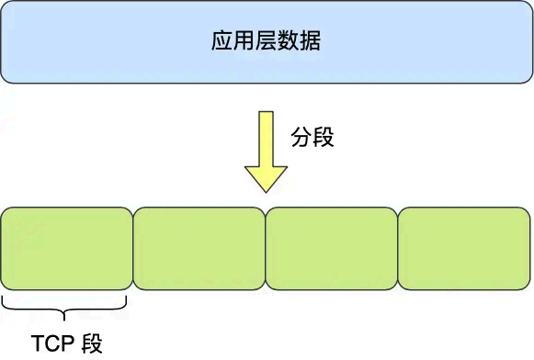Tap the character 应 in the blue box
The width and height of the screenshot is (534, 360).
(222, 42)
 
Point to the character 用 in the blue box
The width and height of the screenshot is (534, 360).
(244, 42)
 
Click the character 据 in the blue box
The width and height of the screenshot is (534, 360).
(311, 42)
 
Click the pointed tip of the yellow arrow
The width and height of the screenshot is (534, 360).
(267, 190)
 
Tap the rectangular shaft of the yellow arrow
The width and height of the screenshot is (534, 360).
(267, 138)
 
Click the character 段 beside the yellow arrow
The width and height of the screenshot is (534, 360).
(324, 139)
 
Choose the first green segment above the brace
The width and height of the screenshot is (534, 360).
(67, 248)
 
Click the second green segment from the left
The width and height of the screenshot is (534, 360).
(199, 248)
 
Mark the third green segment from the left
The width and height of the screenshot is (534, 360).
(332, 248)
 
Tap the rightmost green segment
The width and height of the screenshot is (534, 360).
(464, 248)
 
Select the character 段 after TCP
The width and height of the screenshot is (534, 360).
(92, 344)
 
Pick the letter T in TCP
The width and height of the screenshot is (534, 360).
(38, 344)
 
